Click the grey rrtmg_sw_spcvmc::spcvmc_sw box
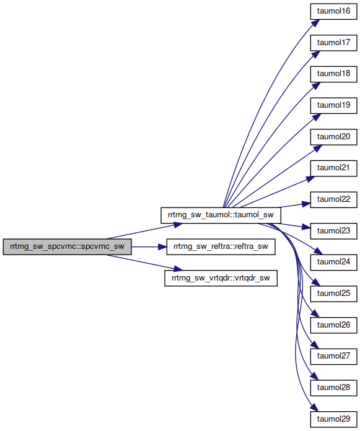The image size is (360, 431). [x=67, y=246]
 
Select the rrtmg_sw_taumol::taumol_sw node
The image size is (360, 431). [x=221, y=215]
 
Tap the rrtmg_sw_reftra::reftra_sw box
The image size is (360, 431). [x=221, y=246]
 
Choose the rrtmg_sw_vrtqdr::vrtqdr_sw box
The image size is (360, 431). [x=221, y=278]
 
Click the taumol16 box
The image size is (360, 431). [x=333, y=11]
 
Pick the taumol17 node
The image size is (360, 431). [x=333, y=43]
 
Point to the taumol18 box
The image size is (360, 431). [x=333, y=74]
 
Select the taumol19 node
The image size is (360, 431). [x=333, y=105]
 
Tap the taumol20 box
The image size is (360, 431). [x=333, y=137]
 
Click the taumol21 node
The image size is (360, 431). [x=333, y=168]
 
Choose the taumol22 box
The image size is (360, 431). [x=333, y=199]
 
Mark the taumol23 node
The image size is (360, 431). [x=333, y=231]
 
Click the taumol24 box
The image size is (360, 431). [x=333, y=262]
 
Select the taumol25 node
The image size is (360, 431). [x=333, y=294]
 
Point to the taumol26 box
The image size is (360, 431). [x=333, y=325]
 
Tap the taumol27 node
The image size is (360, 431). [x=333, y=357]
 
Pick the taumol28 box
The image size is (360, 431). [x=333, y=388]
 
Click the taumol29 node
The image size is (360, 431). [x=333, y=419]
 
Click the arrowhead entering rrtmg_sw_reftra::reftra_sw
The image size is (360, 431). [x=162, y=246]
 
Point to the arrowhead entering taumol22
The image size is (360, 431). [x=306, y=204]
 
